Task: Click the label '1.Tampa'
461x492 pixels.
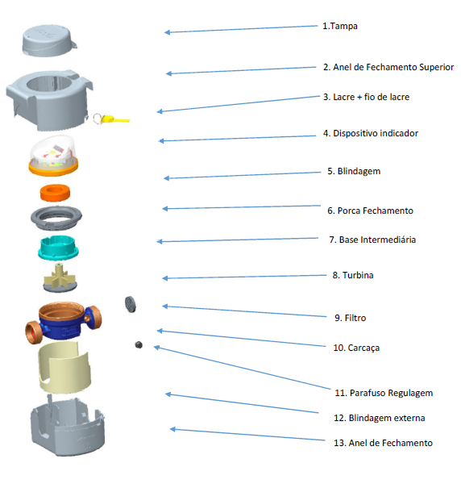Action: pyautogui.click(x=340, y=26)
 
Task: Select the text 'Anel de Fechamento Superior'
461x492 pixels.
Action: pyautogui.click(x=393, y=67)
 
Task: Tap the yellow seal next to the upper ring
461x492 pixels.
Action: pyautogui.click(x=112, y=119)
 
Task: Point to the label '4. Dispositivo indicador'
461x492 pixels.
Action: pyautogui.click(x=371, y=133)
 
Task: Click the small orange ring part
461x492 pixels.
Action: pyautogui.click(x=55, y=193)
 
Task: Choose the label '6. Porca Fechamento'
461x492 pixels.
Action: pyautogui.click(x=371, y=211)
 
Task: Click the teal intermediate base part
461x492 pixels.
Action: pyautogui.click(x=58, y=248)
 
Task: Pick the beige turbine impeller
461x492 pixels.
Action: pyautogui.click(x=60, y=277)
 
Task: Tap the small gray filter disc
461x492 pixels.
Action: pyautogui.click(x=131, y=304)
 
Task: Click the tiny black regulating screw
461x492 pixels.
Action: pyautogui.click(x=139, y=345)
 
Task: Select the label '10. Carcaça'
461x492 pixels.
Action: pyautogui.click(x=356, y=348)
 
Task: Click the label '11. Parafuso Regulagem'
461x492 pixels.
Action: pyautogui.click(x=384, y=393)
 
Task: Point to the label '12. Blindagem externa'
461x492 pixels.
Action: pyautogui.click(x=380, y=418)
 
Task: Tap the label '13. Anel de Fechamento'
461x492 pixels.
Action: pyautogui.click(x=383, y=443)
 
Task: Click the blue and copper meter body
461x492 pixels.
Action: pyautogui.click(x=64, y=323)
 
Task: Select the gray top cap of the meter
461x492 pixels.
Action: pyautogui.click(x=49, y=41)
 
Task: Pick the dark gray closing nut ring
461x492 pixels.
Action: pyautogui.click(x=56, y=217)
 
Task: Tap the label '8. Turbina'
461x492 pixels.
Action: pyautogui.click(x=353, y=275)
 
